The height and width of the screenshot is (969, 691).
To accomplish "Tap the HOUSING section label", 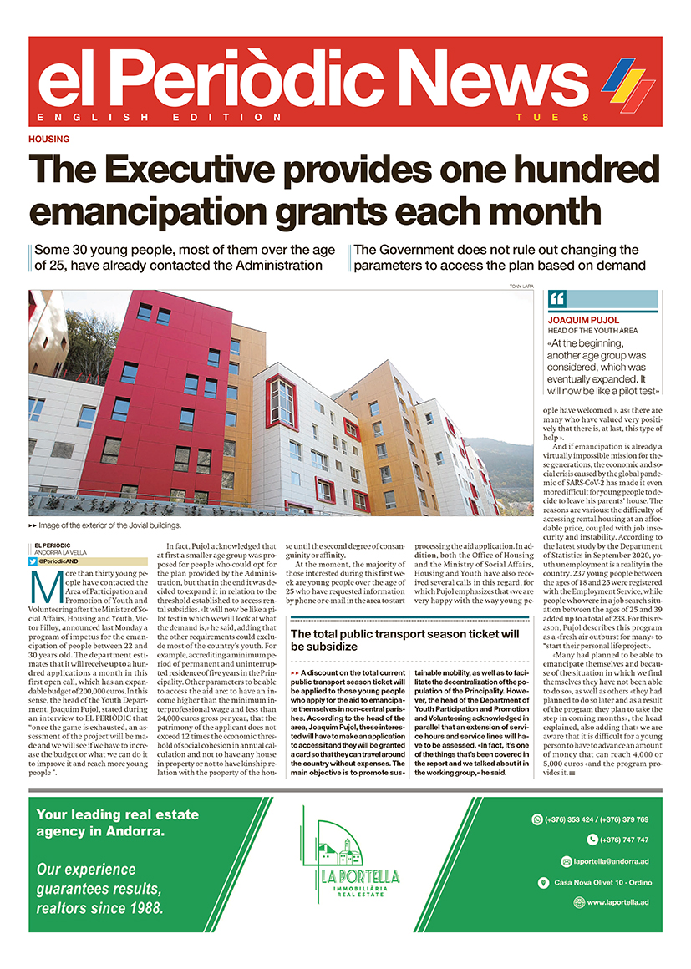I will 48,140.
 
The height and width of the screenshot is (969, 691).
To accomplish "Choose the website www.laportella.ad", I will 617,902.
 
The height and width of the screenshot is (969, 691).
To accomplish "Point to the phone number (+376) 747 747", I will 624,840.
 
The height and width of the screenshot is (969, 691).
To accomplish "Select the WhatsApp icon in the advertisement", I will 537,819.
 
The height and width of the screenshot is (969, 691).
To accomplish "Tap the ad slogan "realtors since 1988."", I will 99,907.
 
